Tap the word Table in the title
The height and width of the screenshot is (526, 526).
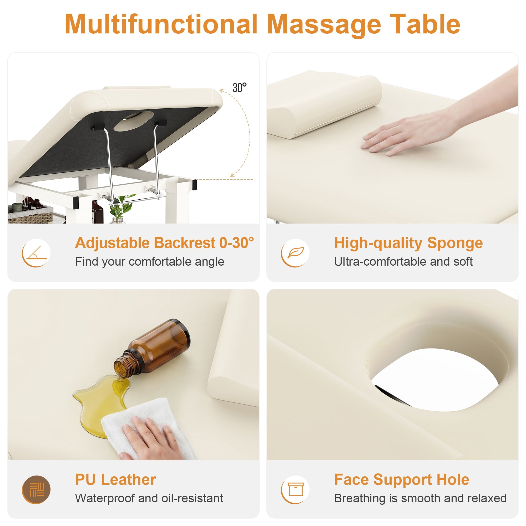tap(425, 24)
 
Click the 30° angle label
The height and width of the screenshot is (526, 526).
tap(240, 88)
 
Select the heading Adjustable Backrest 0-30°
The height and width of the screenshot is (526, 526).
tap(164, 243)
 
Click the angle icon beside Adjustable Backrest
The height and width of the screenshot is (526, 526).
tap(36, 253)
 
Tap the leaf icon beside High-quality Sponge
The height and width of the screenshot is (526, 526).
tap(295, 253)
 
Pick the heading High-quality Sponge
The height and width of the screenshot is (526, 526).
tap(408, 243)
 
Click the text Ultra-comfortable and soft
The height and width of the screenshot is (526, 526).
tap(403, 262)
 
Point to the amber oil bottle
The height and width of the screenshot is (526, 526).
tap(152, 349)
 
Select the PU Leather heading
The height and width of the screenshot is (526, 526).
tap(116, 479)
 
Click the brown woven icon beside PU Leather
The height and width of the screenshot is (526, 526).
tap(36, 489)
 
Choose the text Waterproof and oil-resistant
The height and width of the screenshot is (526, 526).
tap(149, 498)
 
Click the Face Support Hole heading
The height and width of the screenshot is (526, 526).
tap(402, 479)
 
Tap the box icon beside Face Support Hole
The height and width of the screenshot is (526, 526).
tap(295, 489)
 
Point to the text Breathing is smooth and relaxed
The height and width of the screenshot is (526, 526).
tap(420, 498)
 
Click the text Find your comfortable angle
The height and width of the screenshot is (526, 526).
tap(149, 262)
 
